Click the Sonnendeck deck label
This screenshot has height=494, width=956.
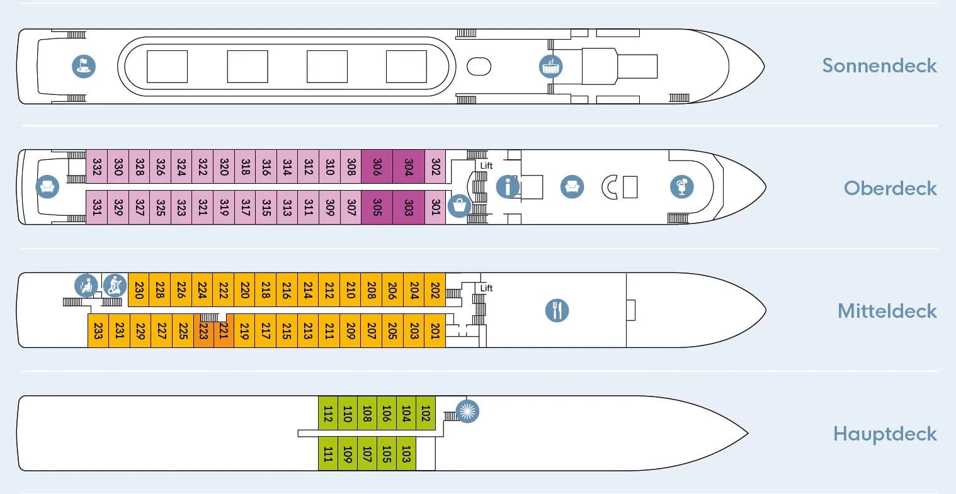[879, 65]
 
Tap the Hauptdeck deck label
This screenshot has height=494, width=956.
[885, 434]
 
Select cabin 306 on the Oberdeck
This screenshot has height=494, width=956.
[377, 166]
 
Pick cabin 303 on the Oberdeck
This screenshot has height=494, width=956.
[409, 207]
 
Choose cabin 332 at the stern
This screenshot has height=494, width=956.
[97, 166]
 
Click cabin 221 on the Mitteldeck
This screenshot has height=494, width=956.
[223, 331]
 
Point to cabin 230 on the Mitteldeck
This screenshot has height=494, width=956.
[139, 289]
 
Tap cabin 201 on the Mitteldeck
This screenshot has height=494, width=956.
[435, 331]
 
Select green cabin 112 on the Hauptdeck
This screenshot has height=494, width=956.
[328, 413]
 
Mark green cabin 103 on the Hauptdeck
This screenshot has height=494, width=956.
[406, 454]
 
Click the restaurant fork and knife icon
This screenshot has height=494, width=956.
[557, 310]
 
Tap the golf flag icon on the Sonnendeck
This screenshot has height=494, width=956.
[84, 67]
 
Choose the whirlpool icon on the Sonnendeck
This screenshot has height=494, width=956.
[550, 67]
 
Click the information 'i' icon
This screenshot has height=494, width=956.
[508, 187]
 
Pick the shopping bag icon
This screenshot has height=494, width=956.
[460, 206]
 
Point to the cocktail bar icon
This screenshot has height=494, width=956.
[681, 187]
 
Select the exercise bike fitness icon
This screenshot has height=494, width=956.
[115, 286]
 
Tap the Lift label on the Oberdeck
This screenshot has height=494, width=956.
[486, 166]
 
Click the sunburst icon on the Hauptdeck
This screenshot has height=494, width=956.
[467, 411]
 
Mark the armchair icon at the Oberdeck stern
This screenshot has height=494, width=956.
[47, 187]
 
